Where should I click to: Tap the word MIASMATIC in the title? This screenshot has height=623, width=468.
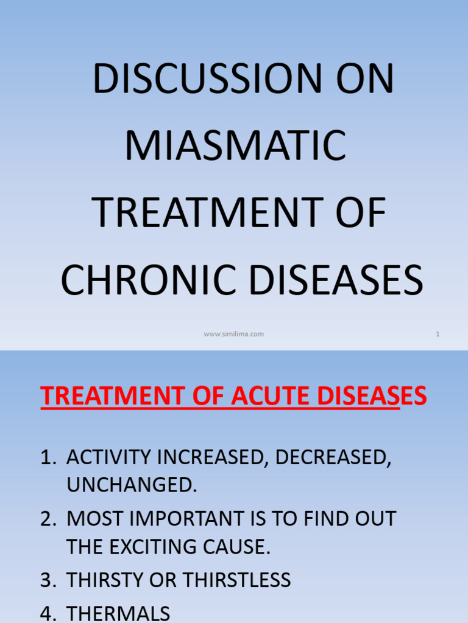(x=236, y=147)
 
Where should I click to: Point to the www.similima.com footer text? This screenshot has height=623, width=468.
(x=234, y=334)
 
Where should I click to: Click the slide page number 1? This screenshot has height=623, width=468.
(x=438, y=334)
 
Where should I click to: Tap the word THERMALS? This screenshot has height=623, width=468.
(x=118, y=613)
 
